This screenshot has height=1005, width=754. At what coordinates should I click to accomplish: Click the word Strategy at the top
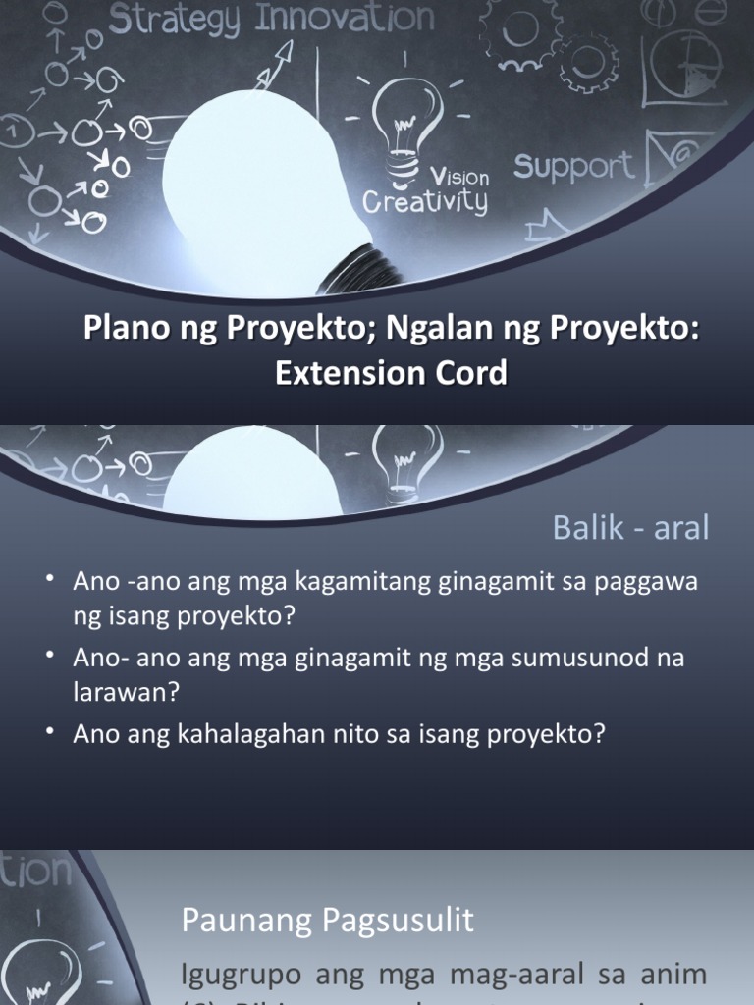pos(176,21)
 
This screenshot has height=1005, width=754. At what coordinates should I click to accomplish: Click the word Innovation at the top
pos(345,19)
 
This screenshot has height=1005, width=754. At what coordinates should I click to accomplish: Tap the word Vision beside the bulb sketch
pos(459,177)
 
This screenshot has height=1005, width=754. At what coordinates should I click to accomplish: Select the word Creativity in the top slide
pos(424,202)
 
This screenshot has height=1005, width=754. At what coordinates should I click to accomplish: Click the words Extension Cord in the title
pos(392,374)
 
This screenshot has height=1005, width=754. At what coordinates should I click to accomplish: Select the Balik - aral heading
pos(630,528)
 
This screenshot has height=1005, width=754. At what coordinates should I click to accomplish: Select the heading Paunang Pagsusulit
pos(328,921)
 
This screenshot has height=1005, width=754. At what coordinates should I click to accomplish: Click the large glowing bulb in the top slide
pos(255,186)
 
